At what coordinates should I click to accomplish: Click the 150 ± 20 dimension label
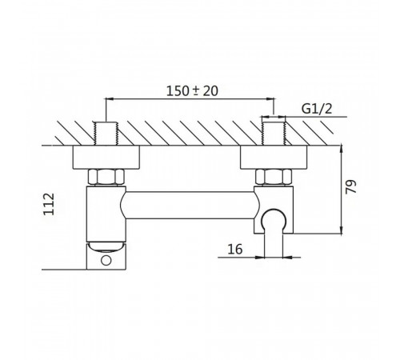tap(192, 90)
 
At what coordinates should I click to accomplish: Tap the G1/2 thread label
tap(317, 109)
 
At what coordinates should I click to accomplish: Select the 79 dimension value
tap(351, 187)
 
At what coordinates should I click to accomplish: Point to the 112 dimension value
tap(49, 204)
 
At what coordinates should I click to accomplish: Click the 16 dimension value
tap(235, 250)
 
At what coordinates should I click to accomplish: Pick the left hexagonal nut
tap(106, 177)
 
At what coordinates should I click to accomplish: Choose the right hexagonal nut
tap(274, 177)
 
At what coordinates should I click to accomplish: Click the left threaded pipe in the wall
tap(106, 134)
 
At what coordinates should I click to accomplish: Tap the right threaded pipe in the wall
tap(274, 134)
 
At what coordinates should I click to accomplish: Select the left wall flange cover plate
tap(106, 158)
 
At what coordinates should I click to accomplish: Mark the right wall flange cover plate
tap(274, 158)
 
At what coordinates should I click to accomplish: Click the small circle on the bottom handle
tap(106, 260)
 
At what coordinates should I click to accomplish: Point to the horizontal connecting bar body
tap(190, 206)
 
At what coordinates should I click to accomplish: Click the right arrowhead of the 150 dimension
tap(270, 99)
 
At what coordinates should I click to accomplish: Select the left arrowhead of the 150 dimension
tap(110, 99)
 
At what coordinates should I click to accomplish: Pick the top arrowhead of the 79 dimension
tap(342, 150)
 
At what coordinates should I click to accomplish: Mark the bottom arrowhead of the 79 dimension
tap(342, 230)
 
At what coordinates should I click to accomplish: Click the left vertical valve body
tap(106, 214)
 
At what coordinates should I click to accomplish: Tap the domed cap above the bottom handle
tap(106, 246)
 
